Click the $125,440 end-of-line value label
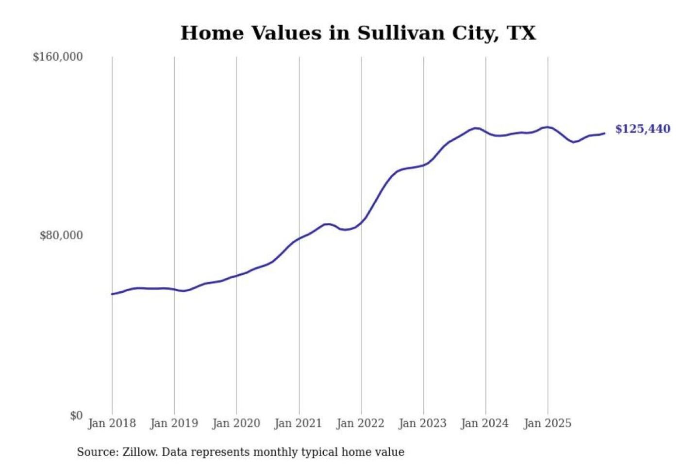click(642, 129)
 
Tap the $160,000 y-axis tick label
click(58, 57)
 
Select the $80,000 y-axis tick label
click(61, 235)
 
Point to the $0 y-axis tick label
click(76, 416)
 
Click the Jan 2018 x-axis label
click(112, 423)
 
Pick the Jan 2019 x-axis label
click(174, 423)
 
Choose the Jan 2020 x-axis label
click(236, 423)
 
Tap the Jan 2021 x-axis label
click(298, 423)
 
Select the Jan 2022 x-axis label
click(360, 423)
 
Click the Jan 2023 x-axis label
click(422, 423)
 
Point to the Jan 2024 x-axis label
click(484, 423)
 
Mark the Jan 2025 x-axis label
click(547, 423)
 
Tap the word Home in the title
click(212, 33)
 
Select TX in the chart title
click(521, 33)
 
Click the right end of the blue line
click(604, 133)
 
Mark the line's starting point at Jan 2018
click(112, 294)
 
